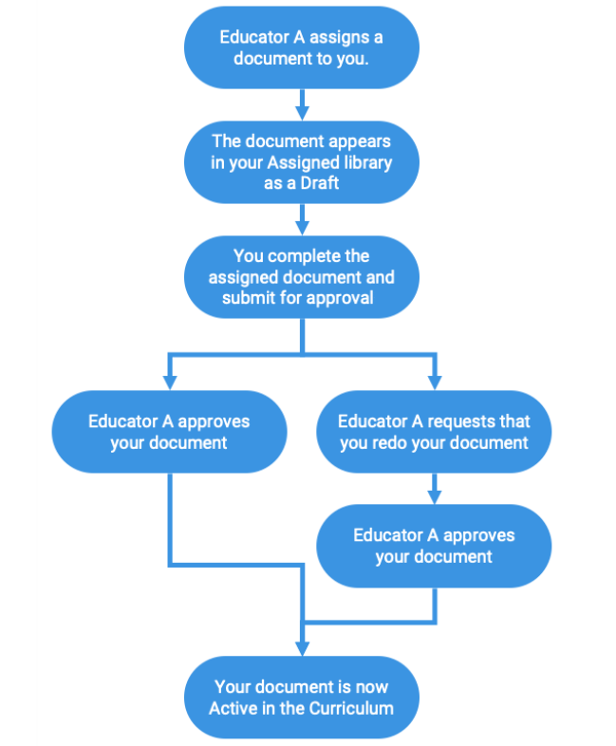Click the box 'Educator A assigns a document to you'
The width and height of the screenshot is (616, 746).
(302, 47)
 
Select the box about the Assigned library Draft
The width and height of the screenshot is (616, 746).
(302, 162)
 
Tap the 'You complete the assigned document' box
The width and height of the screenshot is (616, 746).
(302, 277)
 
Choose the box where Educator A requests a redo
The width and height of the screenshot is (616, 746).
(434, 432)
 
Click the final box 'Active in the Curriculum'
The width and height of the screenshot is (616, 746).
(302, 698)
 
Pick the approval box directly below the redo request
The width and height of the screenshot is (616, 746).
(434, 546)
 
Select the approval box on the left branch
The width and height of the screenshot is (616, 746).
(169, 432)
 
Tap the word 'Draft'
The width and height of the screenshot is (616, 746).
(320, 183)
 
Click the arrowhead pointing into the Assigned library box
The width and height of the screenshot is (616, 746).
(302, 113)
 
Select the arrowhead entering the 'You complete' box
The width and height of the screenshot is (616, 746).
(302, 228)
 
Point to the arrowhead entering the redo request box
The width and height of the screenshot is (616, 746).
(435, 382)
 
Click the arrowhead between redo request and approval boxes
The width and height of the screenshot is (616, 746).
(435, 496)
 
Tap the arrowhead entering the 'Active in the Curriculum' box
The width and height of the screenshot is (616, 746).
(302, 648)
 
